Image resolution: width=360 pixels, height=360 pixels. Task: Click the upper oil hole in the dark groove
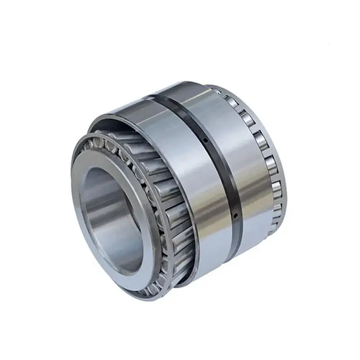click(205, 140)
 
